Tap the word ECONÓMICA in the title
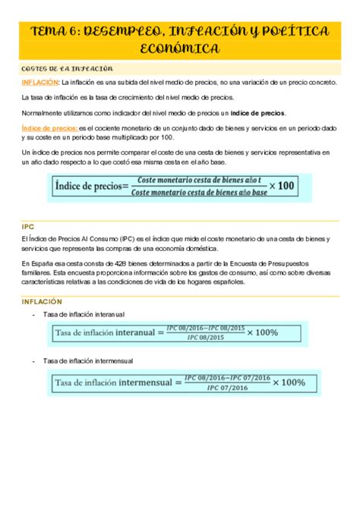click(180, 49)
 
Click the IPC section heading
click(29, 225)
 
